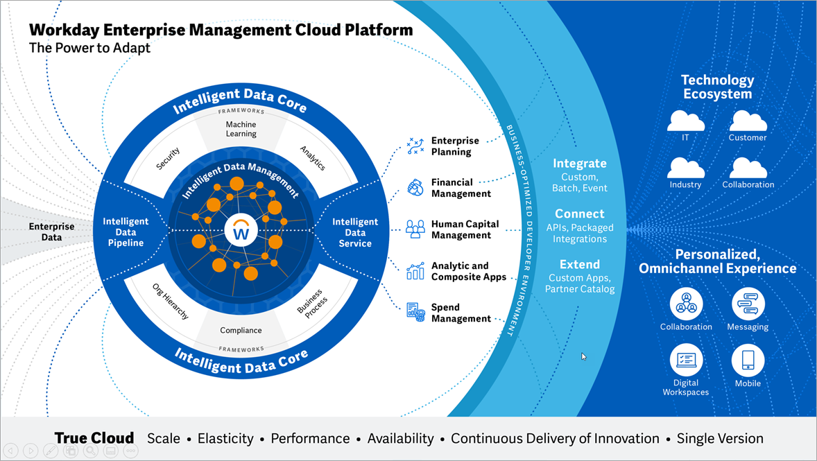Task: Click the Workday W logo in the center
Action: (241, 231)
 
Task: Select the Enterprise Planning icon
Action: (415, 146)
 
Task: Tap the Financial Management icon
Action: (415, 187)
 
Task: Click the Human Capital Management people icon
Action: (415, 229)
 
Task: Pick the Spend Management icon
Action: (415, 313)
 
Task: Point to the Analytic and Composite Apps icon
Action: (415, 270)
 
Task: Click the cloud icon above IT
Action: (685, 121)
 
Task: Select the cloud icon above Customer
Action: (748, 121)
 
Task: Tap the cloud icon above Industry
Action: (685, 168)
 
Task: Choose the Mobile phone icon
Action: (748, 360)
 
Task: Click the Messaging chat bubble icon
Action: (748, 304)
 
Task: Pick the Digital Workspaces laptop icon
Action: (686, 360)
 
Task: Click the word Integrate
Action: (580, 164)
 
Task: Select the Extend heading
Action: (580, 264)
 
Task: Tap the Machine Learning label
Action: (241, 129)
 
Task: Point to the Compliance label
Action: (241, 331)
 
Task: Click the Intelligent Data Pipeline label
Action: (126, 232)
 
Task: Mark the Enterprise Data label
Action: (51, 232)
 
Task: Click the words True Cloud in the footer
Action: (94, 438)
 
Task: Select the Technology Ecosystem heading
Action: (717, 87)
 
